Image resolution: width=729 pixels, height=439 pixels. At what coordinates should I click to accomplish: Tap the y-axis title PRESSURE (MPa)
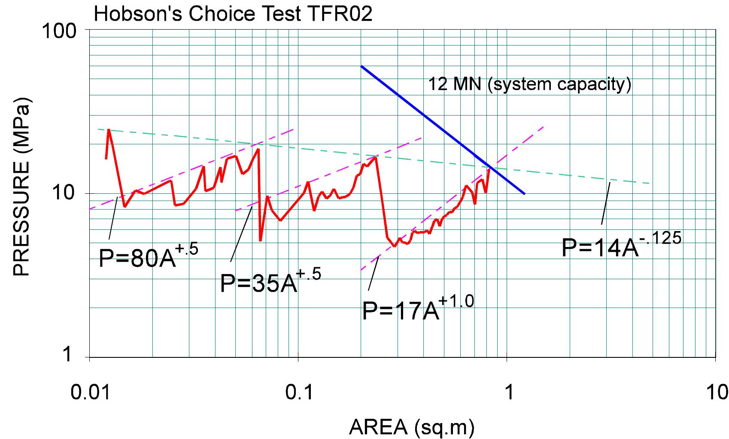pyautogui.click(x=21, y=189)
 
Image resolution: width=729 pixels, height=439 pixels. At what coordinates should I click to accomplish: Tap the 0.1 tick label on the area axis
pyautogui.click(x=298, y=392)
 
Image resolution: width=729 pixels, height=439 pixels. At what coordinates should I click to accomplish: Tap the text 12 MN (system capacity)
pyautogui.click(x=530, y=84)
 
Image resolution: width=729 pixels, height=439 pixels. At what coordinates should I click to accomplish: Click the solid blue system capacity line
pyautogui.click(x=442, y=130)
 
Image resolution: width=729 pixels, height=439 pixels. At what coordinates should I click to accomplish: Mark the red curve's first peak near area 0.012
pyautogui.click(x=109, y=129)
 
